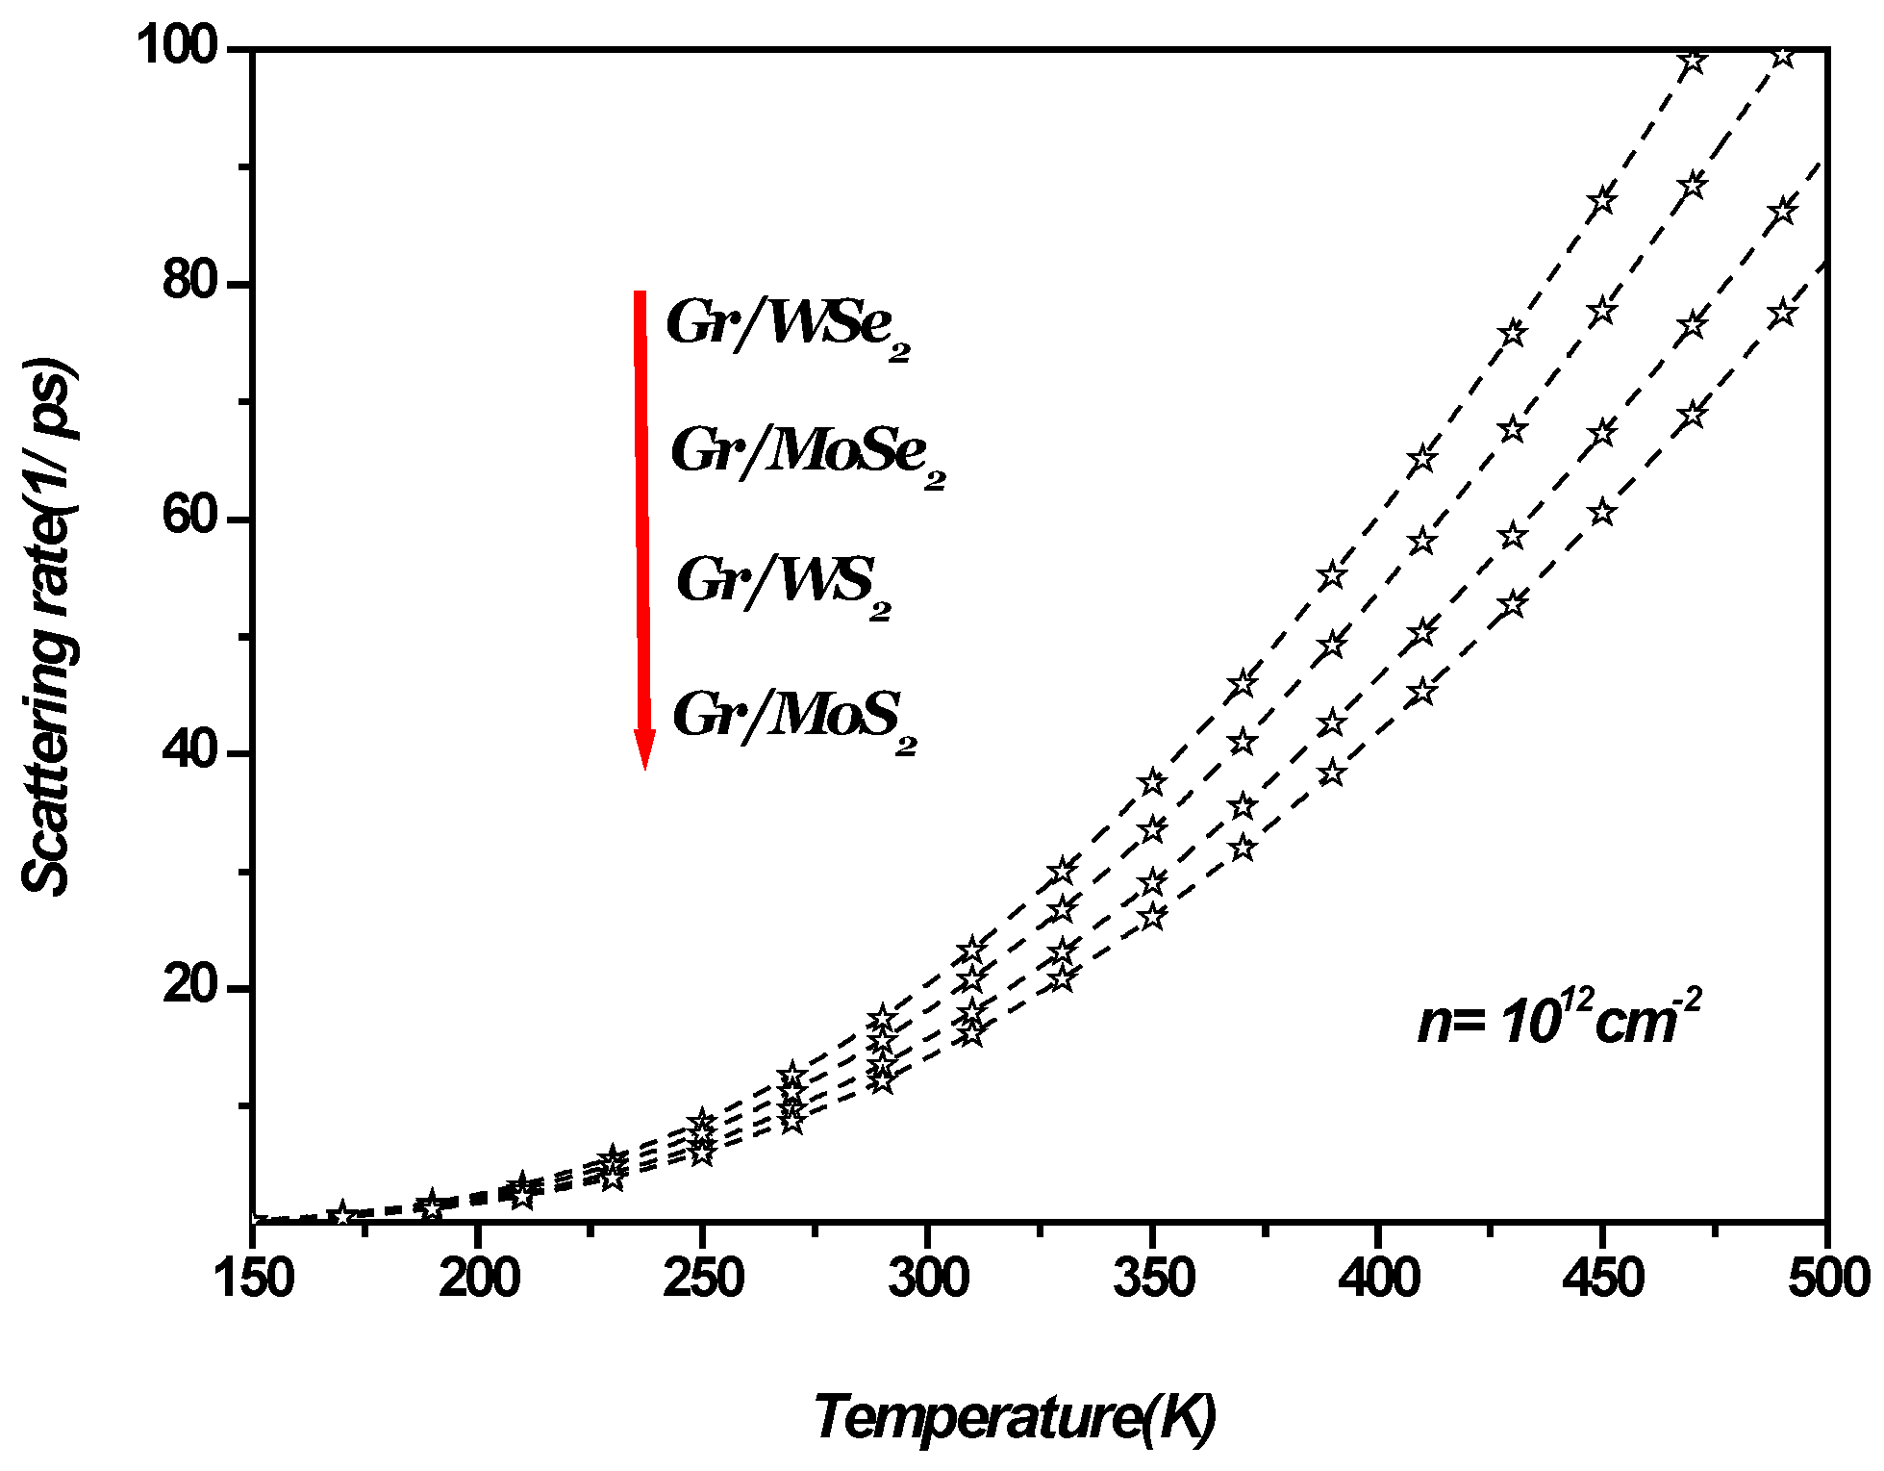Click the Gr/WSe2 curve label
pos(787,325)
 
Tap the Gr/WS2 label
pos(783,583)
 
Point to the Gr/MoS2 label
pos(793,717)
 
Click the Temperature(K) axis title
pos(1015,1418)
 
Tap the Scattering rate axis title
pos(48,626)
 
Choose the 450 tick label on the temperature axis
pos(1602,1281)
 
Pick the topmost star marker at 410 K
pos(1422,459)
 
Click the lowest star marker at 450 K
pos(1602,512)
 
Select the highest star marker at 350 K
pos(1153,783)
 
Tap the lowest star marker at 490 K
pos(1783,314)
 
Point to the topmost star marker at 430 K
pos(1513,333)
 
